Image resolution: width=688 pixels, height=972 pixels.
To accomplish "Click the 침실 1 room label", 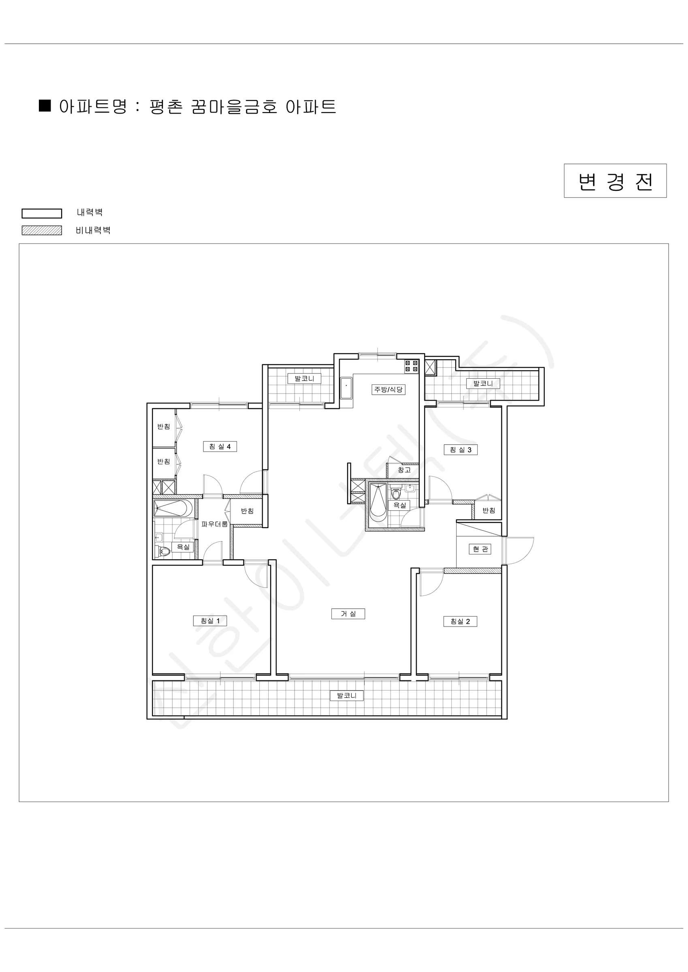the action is pyautogui.click(x=210, y=621).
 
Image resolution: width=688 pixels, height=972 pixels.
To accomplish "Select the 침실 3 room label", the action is pyautogui.click(x=461, y=450).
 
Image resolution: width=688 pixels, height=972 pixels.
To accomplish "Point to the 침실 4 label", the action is pyautogui.click(x=220, y=447).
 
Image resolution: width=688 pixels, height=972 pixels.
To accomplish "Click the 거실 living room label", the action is pyautogui.click(x=348, y=614).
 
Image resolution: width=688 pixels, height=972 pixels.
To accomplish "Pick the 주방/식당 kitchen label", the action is pyautogui.click(x=389, y=390).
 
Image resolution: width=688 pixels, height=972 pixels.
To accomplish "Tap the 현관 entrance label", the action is pyautogui.click(x=480, y=549).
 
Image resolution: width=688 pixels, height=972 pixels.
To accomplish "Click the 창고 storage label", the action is pyautogui.click(x=404, y=470).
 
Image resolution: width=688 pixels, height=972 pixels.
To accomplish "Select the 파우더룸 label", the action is pyautogui.click(x=214, y=524).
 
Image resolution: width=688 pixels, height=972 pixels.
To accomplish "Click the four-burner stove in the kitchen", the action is pyautogui.click(x=411, y=366).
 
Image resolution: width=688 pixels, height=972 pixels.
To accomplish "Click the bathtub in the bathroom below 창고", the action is pyautogui.click(x=378, y=503).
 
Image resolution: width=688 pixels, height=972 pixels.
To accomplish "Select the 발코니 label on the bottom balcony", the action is pyautogui.click(x=346, y=695).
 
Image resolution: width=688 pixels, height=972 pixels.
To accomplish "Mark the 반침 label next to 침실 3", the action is pyautogui.click(x=489, y=511).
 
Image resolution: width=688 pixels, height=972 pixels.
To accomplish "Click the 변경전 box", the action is pyautogui.click(x=615, y=181).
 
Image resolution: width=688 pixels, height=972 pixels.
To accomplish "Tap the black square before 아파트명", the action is pyautogui.click(x=45, y=105).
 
